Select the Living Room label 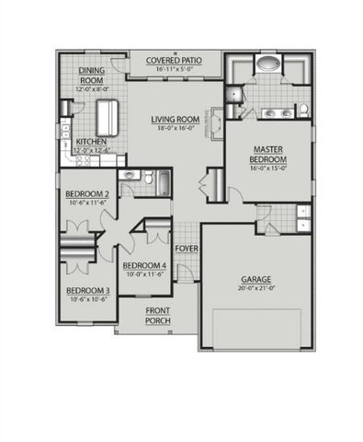(176, 119)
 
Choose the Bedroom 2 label (87, 193)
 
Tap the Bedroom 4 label (144, 267)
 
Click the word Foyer (187, 248)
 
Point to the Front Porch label (157, 316)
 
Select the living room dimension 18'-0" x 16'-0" (176, 128)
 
